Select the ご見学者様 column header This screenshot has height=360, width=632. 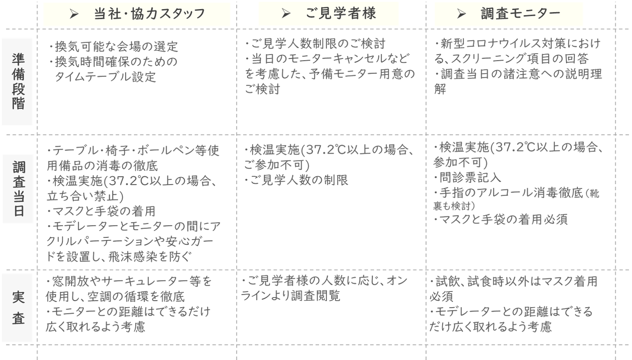tap(341, 14)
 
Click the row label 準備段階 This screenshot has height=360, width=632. tap(17, 82)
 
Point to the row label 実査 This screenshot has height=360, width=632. tap(17, 308)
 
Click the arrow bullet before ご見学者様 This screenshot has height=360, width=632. tap(286, 14)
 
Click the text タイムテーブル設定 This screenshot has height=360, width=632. tap(105, 77)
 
